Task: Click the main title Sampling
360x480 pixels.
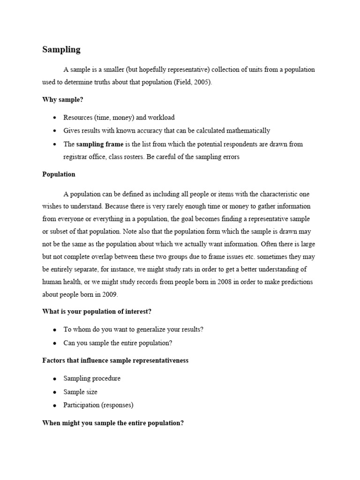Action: (61, 50)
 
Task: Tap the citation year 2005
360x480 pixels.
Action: (202, 82)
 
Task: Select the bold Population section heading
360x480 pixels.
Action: (59, 174)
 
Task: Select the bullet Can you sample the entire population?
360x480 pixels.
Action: (118, 343)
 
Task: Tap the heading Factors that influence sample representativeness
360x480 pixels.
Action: (115, 360)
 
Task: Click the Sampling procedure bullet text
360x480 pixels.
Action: (92, 378)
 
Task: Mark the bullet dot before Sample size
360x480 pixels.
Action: (55, 392)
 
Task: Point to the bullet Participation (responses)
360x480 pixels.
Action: (98, 405)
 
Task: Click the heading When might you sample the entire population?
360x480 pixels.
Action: (113, 423)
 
